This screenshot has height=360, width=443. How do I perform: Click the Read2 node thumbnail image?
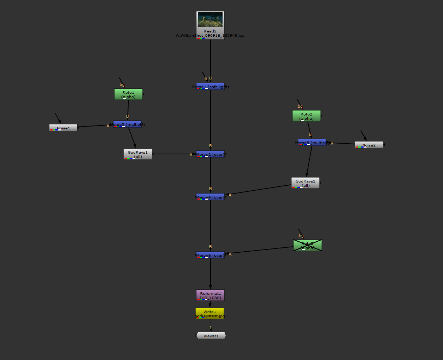[210, 20]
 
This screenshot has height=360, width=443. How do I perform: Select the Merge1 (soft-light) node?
[210, 87]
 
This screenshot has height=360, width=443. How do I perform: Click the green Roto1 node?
[128, 94]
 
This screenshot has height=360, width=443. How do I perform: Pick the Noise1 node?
[63, 128]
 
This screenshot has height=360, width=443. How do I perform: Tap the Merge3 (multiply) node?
[127, 124]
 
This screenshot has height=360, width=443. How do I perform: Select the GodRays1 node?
[137, 154]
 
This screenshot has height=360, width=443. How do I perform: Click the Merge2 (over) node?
[210, 154]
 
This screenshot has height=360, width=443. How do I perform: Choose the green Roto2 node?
[306, 116]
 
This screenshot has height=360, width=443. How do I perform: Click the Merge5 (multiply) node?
[312, 143]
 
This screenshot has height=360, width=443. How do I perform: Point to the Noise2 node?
[369, 145]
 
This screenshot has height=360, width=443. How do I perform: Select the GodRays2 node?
[305, 183]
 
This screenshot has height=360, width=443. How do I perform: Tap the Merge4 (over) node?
[210, 197]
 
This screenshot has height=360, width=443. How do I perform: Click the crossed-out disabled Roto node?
[307, 246]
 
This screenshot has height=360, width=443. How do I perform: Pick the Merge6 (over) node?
[210, 255]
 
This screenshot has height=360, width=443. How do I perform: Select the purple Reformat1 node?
[210, 295]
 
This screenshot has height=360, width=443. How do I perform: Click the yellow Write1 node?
[210, 314]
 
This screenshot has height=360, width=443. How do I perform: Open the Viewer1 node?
[211, 336]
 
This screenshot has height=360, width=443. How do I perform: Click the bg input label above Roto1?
[122, 85]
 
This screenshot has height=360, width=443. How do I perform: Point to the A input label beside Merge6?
[230, 254]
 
